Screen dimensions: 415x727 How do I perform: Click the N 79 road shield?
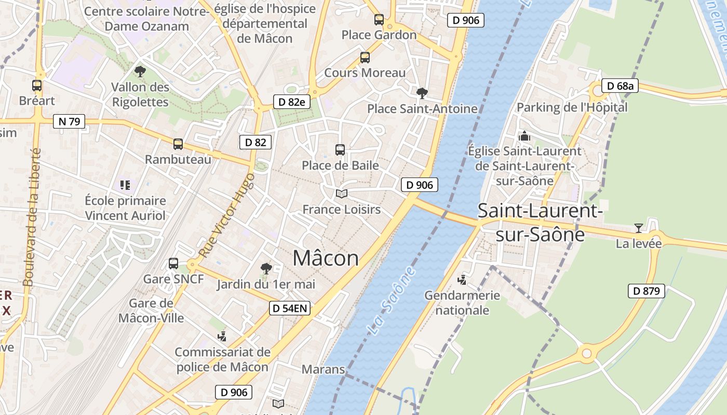pyautogui.click(x=69, y=122)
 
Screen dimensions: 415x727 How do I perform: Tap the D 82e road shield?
pyautogui.click(x=292, y=102)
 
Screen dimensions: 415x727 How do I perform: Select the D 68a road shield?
pyautogui.click(x=620, y=86)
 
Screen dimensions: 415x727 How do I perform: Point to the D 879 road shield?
pyautogui.click(x=647, y=291)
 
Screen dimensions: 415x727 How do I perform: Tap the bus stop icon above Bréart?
pyautogui.click(x=37, y=86)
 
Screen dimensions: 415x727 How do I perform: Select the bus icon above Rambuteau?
pyautogui.click(x=178, y=144)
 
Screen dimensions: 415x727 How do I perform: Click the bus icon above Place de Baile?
pyautogui.click(x=340, y=150)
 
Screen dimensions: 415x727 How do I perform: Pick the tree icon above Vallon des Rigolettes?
pyautogui.click(x=140, y=72)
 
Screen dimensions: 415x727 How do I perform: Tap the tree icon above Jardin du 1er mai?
pyautogui.click(x=266, y=269)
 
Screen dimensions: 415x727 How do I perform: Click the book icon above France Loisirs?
pyautogui.click(x=341, y=194)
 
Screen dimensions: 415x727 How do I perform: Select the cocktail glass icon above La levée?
pyautogui.click(x=638, y=228)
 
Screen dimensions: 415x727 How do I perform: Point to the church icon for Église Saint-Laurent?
pyautogui.click(x=524, y=136)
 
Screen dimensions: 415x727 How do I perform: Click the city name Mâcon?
pyautogui.click(x=326, y=258)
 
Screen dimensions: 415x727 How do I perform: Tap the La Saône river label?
pyautogui.click(x=391, y=300)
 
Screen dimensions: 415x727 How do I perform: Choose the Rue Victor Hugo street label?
pyautogui.click(x=227, y=215)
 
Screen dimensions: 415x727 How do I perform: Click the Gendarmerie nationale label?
pyautogui.click(x=462, y=303)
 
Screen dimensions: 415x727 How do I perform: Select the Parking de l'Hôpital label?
pyautogui.click(x=572, y=107)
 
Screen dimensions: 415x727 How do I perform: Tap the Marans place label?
pyautogui.click(x=323, y=369)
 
